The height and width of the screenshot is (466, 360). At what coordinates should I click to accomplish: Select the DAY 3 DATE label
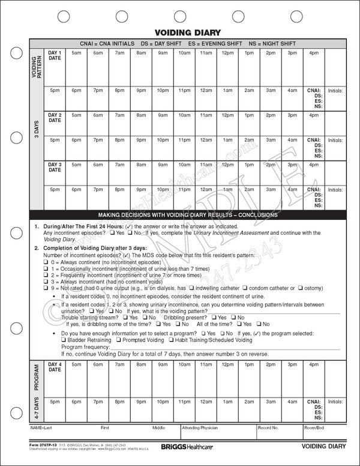55,166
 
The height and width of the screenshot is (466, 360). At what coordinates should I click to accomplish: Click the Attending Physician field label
202,429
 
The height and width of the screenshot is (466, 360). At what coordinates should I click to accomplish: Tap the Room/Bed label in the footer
314,429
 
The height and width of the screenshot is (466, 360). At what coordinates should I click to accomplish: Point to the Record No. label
268,429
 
